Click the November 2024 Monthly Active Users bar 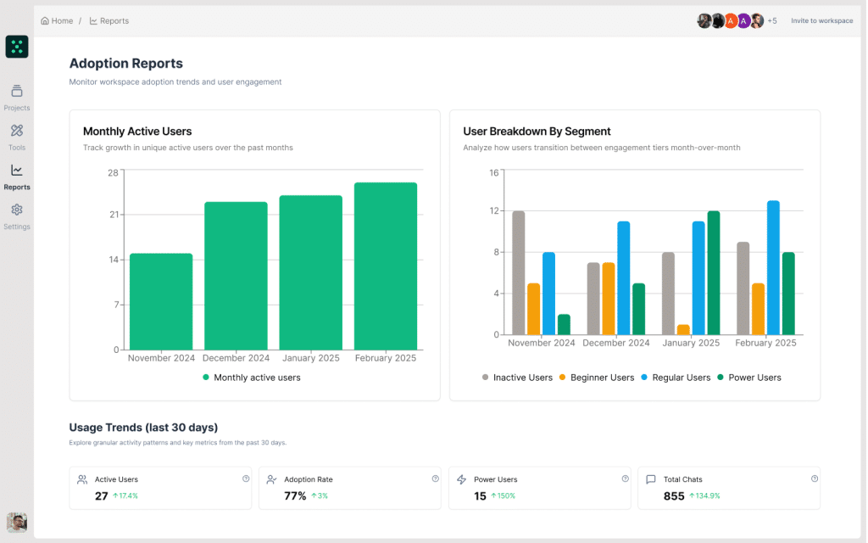click(161, 301)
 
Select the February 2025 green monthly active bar click(386, 266)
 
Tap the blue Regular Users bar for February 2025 click(773, 267)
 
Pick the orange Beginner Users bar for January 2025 click(683, 329)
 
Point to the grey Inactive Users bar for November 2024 click(519, 272)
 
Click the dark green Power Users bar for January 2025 click(714, 272)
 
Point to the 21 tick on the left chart click(114, 215)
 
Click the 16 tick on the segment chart click(494, 172)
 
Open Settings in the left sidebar click(17, 216)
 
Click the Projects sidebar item click(17, 97)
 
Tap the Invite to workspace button click(821, 20)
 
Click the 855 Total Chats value click(674, 495)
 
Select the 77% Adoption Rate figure click(295, 495)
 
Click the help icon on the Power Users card click(625, 479)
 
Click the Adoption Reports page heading click(125, 64)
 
